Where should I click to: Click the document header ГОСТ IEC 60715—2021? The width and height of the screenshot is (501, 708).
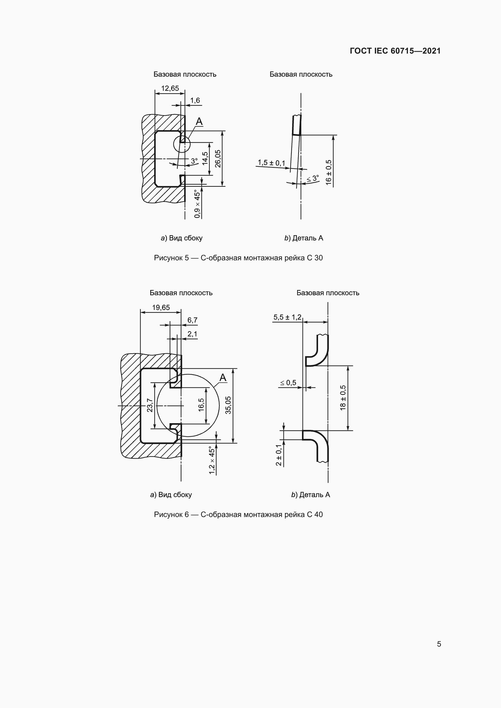coord(395,51)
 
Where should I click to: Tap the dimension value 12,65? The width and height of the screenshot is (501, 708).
coord(170,88)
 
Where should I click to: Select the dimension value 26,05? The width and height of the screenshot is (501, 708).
coord(218,159)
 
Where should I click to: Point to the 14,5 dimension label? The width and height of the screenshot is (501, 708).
coord(205,159)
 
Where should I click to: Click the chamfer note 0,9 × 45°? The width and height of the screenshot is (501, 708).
coord(197,204)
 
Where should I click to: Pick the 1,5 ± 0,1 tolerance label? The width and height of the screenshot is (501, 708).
coord(271,163)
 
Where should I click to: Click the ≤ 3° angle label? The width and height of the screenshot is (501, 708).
coord(312,179)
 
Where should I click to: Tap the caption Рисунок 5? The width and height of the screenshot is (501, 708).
coord(171,258)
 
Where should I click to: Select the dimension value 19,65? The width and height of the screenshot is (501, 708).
coord(161,308)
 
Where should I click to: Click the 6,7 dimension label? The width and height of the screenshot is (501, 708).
coord(192,320)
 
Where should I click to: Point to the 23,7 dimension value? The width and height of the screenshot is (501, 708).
coord(150,405)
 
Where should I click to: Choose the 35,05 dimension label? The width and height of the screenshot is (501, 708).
coord(228,405)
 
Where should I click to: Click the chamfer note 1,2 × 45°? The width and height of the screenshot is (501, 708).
coord(212,460)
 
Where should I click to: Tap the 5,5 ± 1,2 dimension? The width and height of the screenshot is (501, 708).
coord(287,317)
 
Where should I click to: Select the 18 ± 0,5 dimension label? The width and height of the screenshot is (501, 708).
coord(343,398)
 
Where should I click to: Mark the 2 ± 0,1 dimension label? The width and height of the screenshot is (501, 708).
coord(279,455)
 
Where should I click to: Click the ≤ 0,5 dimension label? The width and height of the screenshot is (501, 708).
coord(288,383)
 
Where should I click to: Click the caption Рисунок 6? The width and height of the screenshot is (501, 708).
coord(171,514)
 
